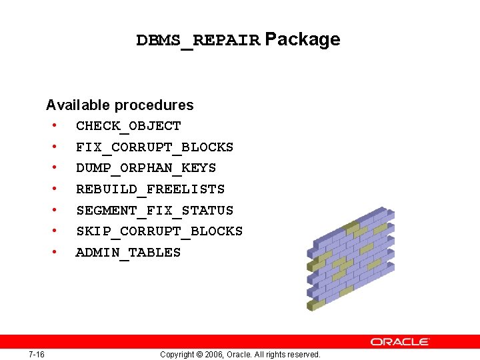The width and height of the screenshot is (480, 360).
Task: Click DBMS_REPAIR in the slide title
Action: pyautogui.click(x=197, y=41)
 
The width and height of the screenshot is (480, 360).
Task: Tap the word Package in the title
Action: pyautogui.click(x=303, y=40)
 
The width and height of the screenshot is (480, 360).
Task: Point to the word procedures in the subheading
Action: pyautogui.click(x=154, y=105)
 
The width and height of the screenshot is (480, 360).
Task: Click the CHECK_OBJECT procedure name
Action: pyautogui.click(x=128, y=126)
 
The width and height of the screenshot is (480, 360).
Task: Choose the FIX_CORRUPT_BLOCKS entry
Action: pyautogui.click(x=155, y=147)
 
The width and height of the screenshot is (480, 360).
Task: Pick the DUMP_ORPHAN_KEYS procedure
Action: pyautogui.click(x=146, y=168)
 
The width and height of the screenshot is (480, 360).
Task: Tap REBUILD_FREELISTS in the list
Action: pyautogui.click(x=150, y=189)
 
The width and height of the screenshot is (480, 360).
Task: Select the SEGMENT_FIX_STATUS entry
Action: pyautogui.click(x=155, y=211)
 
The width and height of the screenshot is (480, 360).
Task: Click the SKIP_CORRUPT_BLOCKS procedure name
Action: pyautogui.click(x=159, y=231)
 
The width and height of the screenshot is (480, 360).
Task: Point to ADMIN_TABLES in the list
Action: pyautogui.click(x=128, y=253)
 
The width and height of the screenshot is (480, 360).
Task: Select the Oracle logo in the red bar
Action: pyautogui.click(x=400, y=341)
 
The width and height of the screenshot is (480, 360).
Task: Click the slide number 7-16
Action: pyautogui.click(x=37, y=354)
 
